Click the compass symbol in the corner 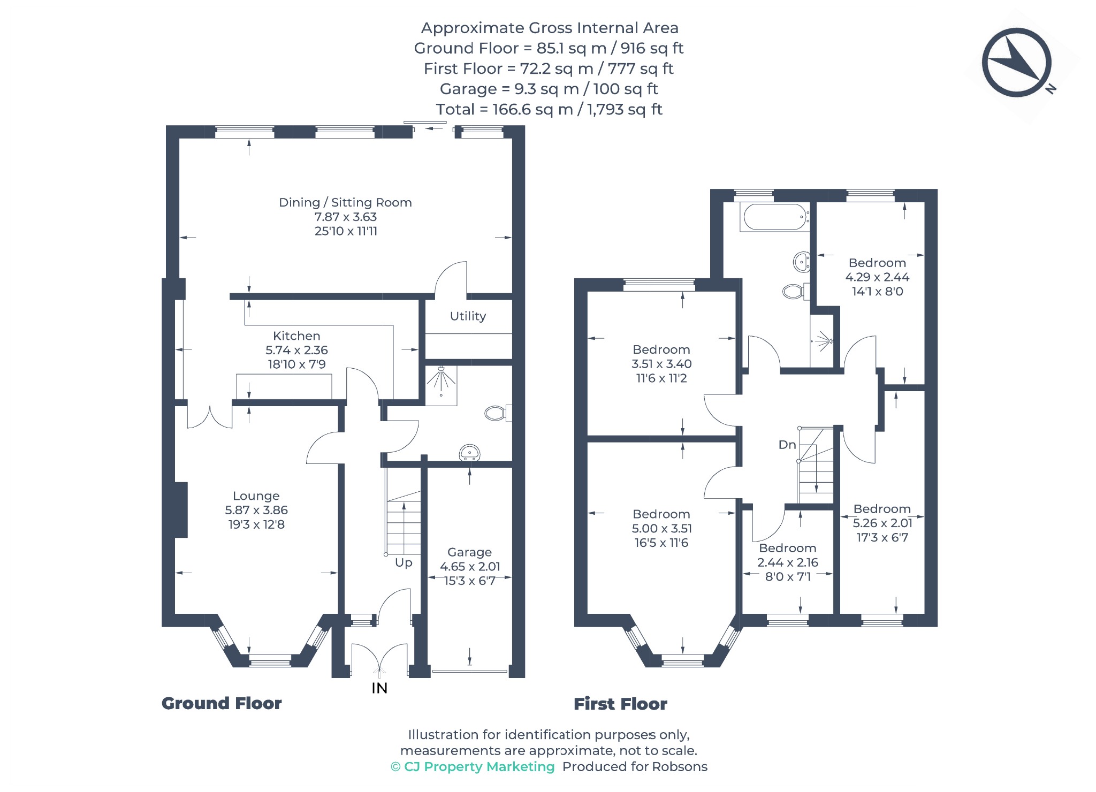tap(1017, 63)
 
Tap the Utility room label tap(468, 316)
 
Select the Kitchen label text tap(296, 336)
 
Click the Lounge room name tap(256, 496)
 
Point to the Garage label tap(469, 552)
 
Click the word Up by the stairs tap(404, 563)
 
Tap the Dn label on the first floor tap(787, 445)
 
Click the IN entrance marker tap(379, 688)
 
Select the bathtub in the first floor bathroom tap(774, 217)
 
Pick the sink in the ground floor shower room tap(470, 453)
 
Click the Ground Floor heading tap(222, 703)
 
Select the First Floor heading tap(620, 704)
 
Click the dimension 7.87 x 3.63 tap(346, 217)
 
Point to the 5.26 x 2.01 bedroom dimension tap(882, 523)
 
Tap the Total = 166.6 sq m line tap(549, 110)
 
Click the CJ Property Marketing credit tap(473, 767)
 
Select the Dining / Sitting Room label tap(345, 202)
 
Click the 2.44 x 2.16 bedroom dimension tap(788, 562)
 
